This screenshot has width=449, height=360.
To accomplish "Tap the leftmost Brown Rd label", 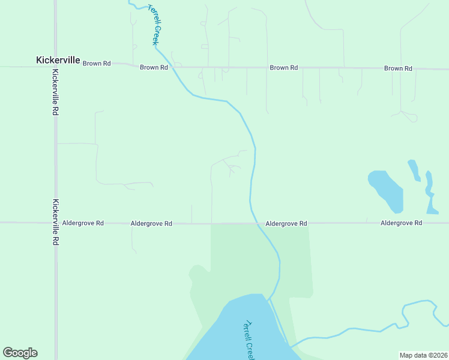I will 97,63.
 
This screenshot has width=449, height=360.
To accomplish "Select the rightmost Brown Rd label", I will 398,68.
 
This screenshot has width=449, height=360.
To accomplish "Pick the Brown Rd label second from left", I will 154,67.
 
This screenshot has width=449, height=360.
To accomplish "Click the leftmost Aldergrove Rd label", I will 83,223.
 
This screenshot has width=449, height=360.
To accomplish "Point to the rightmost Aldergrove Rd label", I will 401,223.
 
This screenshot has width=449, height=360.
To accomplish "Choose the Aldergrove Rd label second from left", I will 151,223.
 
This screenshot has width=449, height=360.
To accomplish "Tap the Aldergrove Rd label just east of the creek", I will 286,223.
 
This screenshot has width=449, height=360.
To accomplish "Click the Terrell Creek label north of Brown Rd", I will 154,23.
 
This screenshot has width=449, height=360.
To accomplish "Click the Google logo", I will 20,353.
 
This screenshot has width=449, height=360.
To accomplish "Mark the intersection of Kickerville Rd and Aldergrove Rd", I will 55,223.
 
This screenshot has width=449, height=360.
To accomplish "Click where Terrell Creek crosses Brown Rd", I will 173,67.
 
